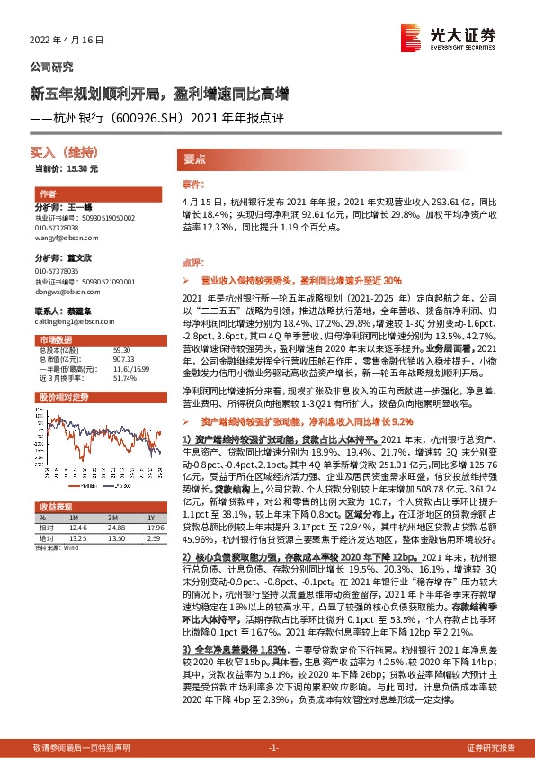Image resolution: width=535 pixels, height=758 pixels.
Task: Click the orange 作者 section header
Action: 49,194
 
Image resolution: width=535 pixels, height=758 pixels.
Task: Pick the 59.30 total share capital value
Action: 123,350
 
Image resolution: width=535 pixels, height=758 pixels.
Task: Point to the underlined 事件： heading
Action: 195,185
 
